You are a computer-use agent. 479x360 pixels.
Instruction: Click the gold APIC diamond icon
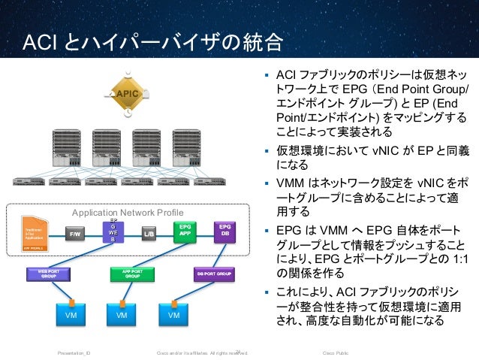127,94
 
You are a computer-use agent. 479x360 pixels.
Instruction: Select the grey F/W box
75,234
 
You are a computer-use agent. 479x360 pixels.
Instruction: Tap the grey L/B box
149,234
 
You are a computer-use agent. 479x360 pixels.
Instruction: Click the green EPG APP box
185,230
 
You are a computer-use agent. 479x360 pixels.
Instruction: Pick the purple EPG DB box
224,230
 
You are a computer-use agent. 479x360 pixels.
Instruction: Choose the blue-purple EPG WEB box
113,231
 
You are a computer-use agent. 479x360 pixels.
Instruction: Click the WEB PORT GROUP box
49,273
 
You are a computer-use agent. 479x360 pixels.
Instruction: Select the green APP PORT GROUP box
132,273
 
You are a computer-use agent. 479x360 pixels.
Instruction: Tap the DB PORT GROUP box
215,273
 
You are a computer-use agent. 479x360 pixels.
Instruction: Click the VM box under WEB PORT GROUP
71,316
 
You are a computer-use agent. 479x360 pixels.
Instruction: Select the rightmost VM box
174,316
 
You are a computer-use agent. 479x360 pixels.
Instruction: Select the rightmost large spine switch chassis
186,147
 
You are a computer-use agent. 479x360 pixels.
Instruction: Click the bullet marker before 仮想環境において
266,148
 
